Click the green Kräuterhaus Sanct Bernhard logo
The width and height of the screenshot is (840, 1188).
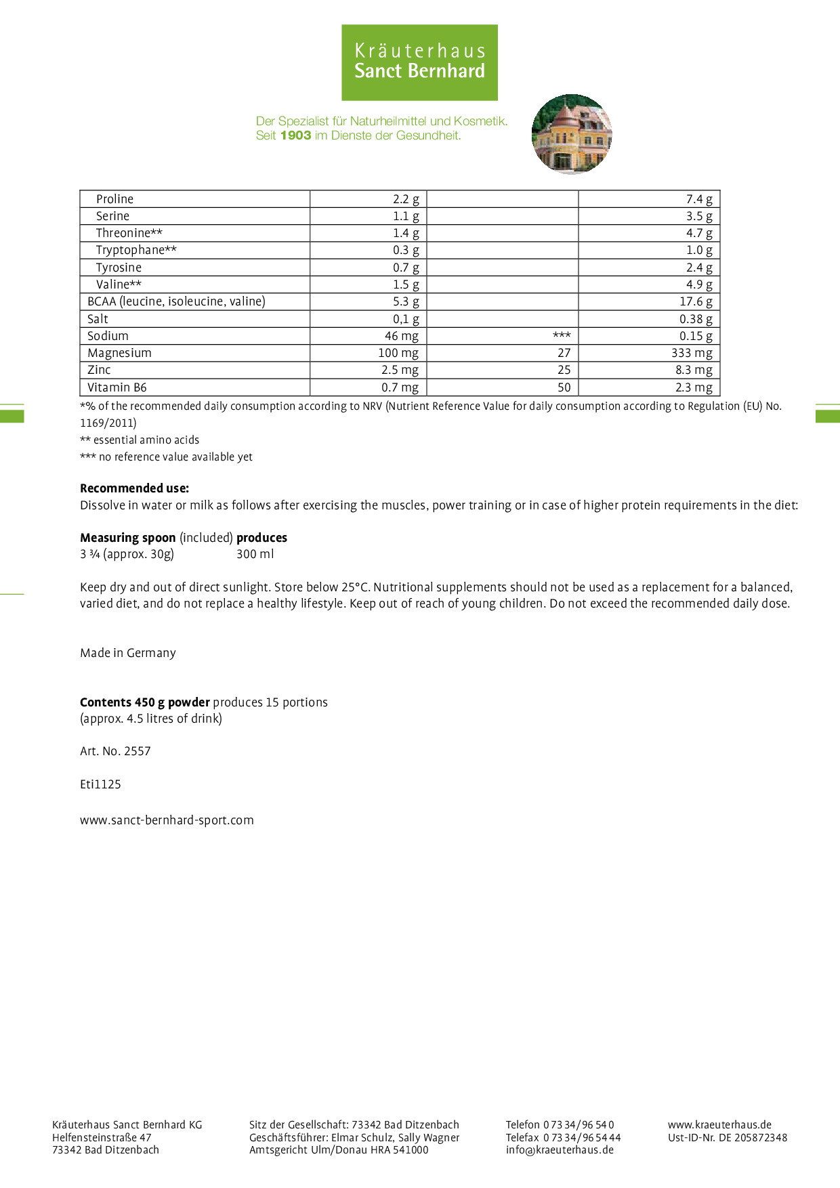(x=419, y=62)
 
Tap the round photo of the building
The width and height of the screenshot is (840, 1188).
(x=572, y=134)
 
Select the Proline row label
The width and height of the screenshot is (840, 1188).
(x=114, y=199)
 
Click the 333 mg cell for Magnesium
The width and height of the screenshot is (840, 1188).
(x=692, y=353)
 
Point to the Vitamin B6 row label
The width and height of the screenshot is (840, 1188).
(x=117, y=387)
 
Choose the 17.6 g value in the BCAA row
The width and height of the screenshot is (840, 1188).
(x=696, y=301)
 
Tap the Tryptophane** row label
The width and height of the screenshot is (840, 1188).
(x=136, y=250)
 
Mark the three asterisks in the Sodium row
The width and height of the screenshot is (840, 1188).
(x=562, y=335)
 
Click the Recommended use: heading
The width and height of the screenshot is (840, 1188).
(x=134, y=488)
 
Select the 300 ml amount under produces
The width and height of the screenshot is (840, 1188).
(x=255, y=554)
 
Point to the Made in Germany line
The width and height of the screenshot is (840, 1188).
(x=128, y=653)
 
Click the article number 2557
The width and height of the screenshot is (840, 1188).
(x=138, y=751)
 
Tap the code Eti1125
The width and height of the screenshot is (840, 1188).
(x=100, y=784)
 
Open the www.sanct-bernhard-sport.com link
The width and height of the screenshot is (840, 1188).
(x=167, y=820)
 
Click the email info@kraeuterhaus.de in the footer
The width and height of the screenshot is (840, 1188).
(x=560, y=1149)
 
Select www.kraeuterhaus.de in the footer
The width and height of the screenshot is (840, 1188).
(x=719, y=1124)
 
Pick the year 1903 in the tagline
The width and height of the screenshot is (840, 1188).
(x=295, y=135)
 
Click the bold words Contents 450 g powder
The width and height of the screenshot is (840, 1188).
(x=144, y=702)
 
